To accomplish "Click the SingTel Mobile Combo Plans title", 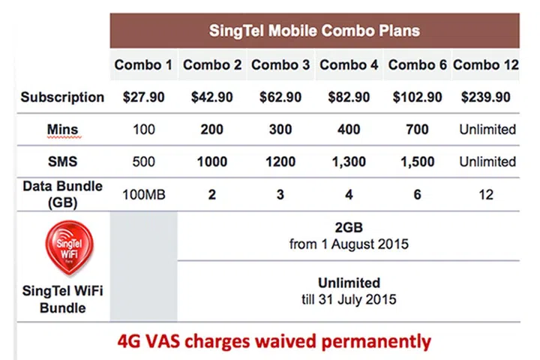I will click(x=314, y=31).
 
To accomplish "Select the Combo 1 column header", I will click(x=143, y=65).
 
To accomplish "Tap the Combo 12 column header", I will click(x=486, y=65).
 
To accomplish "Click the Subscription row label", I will click(x=62, y=97).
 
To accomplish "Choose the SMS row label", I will click(x=62, y=161).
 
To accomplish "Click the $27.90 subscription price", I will click(x=144, y=97).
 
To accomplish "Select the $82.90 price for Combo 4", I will click(x=349, y=97).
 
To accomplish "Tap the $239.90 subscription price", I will click(x=487, y=97).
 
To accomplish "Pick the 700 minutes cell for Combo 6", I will click(x=417, y=129).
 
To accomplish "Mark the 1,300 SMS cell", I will click(x=349, y=161).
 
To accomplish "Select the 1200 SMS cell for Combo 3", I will click(x=280, y=161).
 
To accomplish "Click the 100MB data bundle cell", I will click(x=144, y=193).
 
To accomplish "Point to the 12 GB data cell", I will click(x=487, y=193).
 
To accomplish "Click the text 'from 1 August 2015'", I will click(x=349, y=244).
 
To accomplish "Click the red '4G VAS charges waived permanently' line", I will click(x=274, y=340).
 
